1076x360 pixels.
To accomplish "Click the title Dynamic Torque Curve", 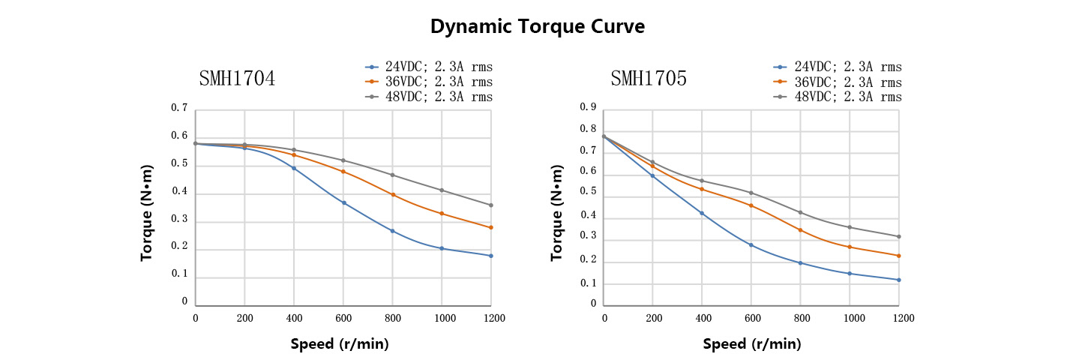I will pos(537,26).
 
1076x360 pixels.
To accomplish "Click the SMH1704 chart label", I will pos(237,78).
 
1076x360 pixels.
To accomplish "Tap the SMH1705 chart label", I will pos(648,78).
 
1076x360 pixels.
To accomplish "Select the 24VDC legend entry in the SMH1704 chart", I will pos(428,67).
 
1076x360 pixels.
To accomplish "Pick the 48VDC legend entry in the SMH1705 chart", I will pos(838,97).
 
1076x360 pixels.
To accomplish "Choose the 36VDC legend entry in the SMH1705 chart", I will pos(838,82).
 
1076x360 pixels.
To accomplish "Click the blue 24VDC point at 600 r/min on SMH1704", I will pos(343,203).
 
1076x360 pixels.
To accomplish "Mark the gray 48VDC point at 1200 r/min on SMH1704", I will pos(490,205).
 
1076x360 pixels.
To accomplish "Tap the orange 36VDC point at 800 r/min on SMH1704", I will pos(392,195).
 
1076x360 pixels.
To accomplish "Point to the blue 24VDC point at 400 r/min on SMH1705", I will pos(702,214).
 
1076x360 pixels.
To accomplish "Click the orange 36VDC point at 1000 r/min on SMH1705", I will pos(850,247).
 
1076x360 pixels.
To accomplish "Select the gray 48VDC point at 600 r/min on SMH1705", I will pos(751,193).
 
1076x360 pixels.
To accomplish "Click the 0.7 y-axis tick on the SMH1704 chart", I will pos(179,108).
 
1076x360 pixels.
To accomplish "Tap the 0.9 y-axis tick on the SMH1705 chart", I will pos(589,108).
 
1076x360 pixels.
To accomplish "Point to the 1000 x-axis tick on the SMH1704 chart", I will pos(441,318).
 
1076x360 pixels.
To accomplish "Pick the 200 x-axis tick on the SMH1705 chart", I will pos(652,318).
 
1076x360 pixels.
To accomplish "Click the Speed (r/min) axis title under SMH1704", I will pos(340,344).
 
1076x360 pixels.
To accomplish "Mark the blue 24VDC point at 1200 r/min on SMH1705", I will pos(898,280).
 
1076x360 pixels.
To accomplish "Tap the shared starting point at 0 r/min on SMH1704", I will pos(196,143).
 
